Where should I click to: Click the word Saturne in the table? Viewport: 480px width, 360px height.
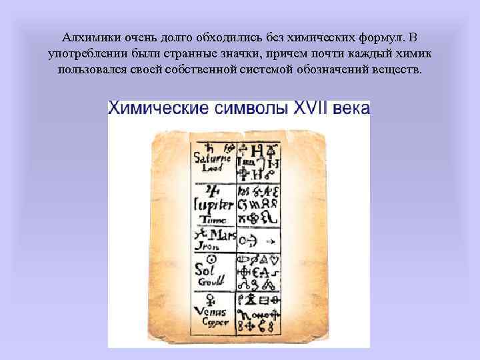[x=212, y=159]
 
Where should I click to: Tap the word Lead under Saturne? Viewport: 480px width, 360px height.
[x=210, y=169]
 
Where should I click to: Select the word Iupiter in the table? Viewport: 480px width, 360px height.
[x=213, y=205]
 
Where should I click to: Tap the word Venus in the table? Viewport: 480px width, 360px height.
[x=211, y=311]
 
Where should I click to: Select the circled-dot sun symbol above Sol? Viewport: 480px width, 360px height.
[x=211, y=258]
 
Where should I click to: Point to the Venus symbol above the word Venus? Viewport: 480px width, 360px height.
[x=211, y=297]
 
